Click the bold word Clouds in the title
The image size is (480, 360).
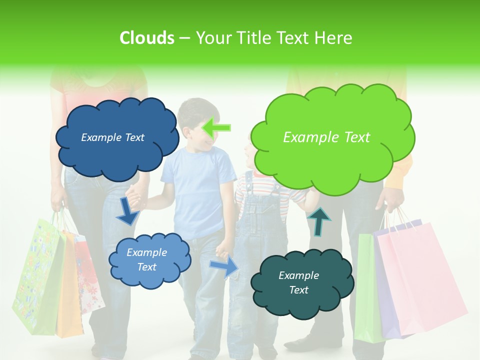[146, 38]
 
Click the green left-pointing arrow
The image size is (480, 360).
[216, 128]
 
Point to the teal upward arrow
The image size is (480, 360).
[319, 221]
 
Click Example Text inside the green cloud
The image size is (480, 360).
[326, 137]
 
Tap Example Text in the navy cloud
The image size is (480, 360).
[112, 137]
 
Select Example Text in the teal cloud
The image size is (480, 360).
[298, 282]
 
